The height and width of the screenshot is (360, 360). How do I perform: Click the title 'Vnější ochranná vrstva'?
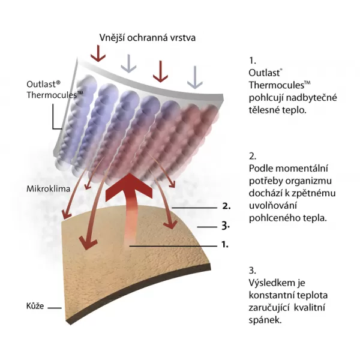[148, 38]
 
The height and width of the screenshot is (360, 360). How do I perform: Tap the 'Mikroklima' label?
[47, 188]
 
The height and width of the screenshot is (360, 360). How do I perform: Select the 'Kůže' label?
[34, 307]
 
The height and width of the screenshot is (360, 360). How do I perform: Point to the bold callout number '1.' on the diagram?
[226, 245]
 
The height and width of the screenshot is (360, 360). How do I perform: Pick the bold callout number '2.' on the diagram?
[226, 205]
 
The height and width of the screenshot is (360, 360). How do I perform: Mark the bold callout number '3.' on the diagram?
[226, 226]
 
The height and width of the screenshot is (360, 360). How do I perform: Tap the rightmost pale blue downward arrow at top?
[193, 75]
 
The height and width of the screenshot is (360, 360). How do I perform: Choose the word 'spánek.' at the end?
[265, 320]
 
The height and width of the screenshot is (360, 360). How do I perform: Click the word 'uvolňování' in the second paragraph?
[272, 206]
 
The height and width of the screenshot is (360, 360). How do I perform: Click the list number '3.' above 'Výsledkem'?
[252, 269]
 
